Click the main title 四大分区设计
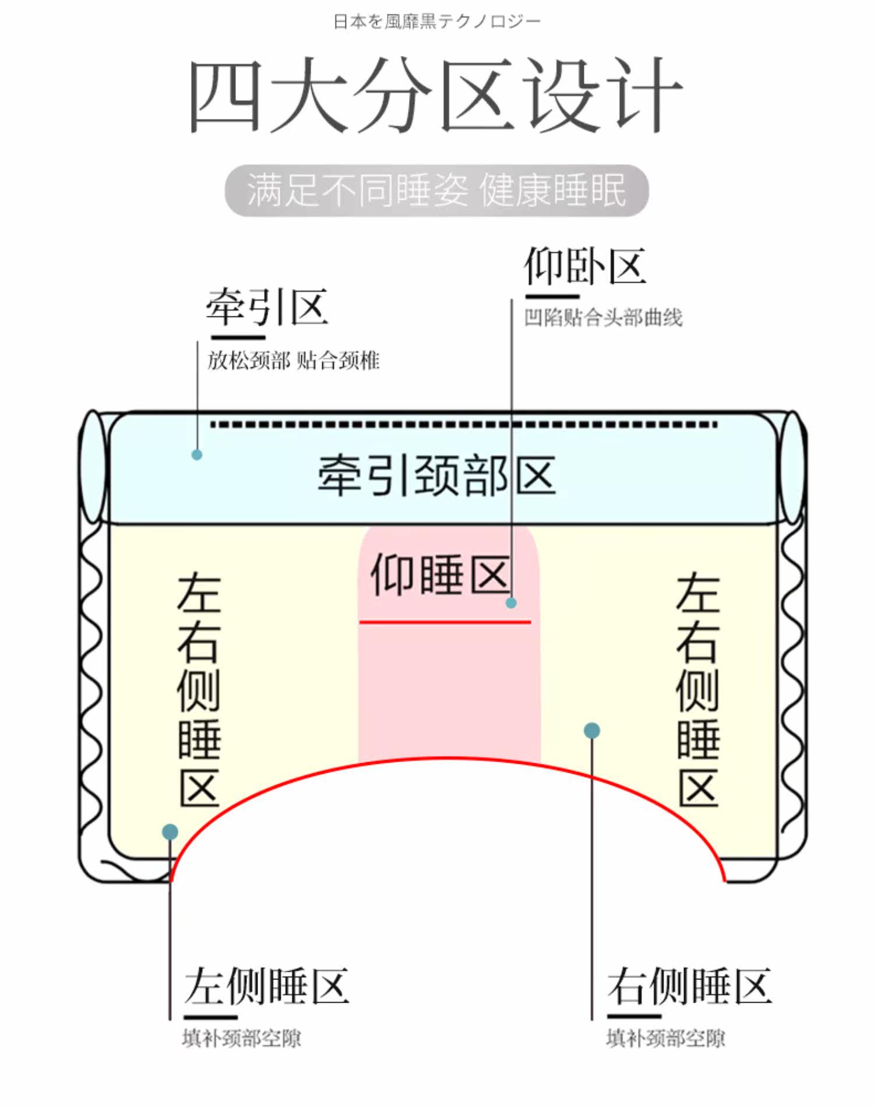pos(436,95)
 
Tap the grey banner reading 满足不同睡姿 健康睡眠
pos(436,191)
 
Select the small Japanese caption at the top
pos(436,22)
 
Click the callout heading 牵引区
pos(267,307)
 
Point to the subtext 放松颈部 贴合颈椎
pos(294,361)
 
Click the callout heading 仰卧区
pos(585,266)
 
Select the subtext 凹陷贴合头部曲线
pos(603,318)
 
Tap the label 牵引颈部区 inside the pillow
pos(436,475)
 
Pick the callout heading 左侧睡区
pos(267,986)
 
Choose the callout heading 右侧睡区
pos(689,986)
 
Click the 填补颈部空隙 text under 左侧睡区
pos(242,1038)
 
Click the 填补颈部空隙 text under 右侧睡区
pos(665,1038)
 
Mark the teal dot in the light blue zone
pos(197,454)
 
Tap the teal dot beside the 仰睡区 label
pos(511,603)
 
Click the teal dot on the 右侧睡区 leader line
pos(591,731)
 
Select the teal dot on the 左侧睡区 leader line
pos(170,831)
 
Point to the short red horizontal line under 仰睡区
pos(445,622)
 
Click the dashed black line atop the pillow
pos(464,425)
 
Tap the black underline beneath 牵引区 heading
pos(238,337)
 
